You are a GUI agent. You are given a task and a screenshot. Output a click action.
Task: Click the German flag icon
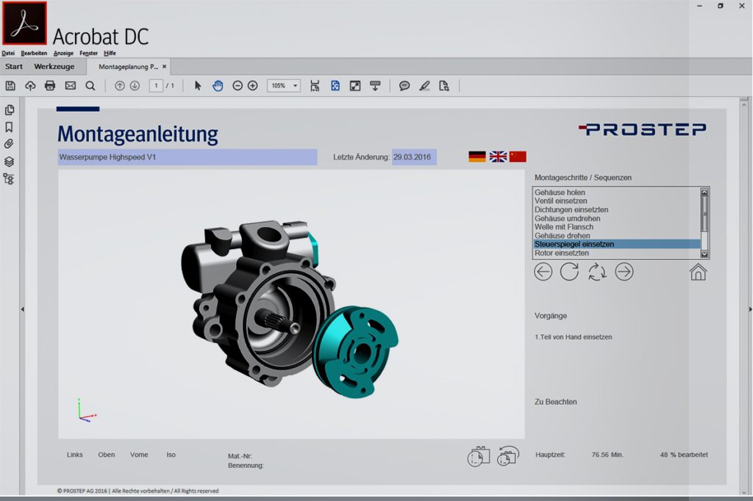point(477,156)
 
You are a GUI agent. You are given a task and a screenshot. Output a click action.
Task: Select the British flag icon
point(498,156)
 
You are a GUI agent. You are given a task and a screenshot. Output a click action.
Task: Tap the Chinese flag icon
point(518,156)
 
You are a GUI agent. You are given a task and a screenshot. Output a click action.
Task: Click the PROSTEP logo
point(642,129)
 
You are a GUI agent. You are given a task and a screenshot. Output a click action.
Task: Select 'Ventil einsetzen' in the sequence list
point(560,201)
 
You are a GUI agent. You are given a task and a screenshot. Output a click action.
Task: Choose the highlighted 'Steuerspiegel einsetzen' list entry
point(574,244)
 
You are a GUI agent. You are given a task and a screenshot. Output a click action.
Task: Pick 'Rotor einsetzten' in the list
point(561,253)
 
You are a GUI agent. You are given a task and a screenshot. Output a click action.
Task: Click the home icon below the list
point(698,272)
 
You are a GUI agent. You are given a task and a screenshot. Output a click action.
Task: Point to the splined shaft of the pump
point(271,321)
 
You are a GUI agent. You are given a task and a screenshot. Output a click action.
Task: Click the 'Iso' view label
point(171,455)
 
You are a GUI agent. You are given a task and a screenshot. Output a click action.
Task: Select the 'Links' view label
point(74,455)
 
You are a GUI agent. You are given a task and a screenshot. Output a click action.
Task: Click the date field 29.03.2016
point(413,157)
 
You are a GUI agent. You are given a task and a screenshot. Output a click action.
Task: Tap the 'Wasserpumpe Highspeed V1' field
point(188,157)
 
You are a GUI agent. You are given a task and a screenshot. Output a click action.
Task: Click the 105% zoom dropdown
point(283,86)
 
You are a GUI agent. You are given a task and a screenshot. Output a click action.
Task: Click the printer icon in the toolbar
point(50,86)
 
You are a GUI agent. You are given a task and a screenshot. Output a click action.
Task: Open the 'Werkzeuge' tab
point(54,67)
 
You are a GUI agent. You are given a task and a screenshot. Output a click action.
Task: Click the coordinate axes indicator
point(85,411)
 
